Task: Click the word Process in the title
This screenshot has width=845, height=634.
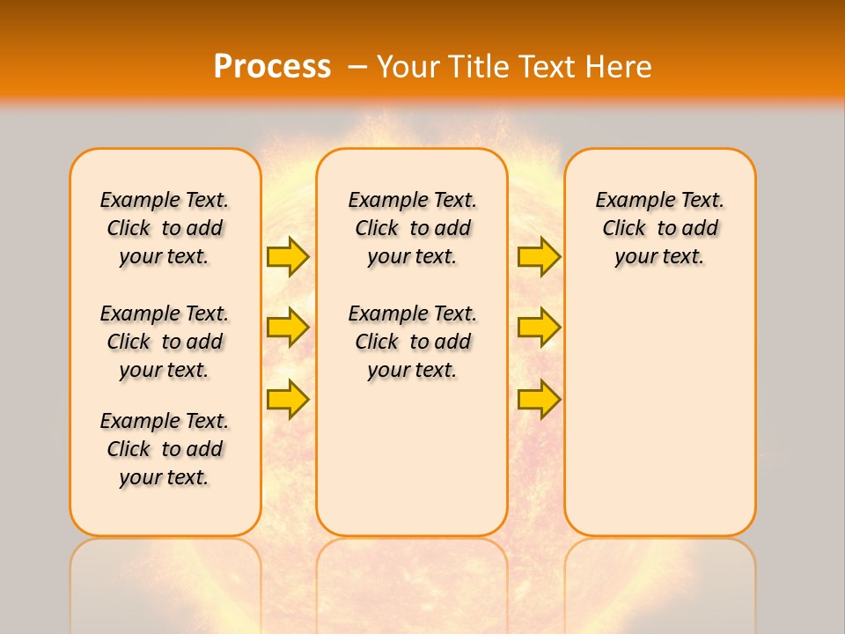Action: [x=272, y=66]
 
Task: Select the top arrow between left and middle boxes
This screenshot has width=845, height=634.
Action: [x=288, y=256]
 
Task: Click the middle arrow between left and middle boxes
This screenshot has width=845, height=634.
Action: [x=288, y=328]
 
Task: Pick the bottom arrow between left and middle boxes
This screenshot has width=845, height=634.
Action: [x=288, y=399]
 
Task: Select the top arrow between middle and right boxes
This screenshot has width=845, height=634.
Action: [x=539, y=256]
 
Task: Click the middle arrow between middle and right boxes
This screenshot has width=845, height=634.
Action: [x=539, y=328]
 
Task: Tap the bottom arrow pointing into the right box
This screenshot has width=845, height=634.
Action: [x=539, y=399]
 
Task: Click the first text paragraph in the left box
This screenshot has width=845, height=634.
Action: [x=165, y=228]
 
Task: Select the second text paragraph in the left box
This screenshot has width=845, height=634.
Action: [x=165, y=342]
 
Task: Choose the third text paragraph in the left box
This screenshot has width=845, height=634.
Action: [x=165, y=449]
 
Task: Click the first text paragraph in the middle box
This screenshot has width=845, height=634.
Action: [x=412, y=228]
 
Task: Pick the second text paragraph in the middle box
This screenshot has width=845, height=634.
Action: [x=412, y=342]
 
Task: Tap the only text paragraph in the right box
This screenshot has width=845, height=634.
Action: [x=659, y=228]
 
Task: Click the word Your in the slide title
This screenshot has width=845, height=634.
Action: [x=409, y=67]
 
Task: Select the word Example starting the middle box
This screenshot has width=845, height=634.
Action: [x=383, y=201]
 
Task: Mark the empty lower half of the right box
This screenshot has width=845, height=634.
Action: [x=659, y=423]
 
